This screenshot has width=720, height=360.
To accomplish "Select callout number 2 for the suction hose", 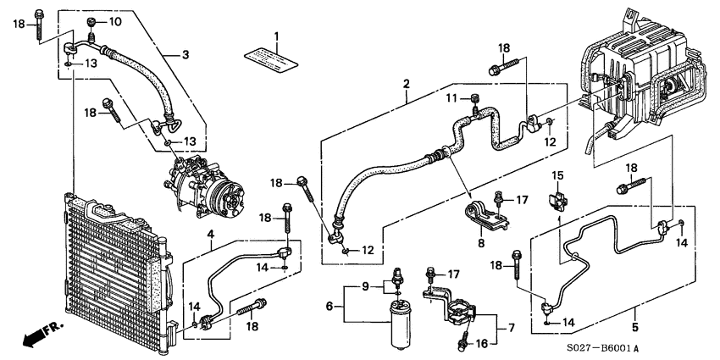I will pos(407,84).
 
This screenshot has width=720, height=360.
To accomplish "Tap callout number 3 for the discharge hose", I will pos(185,55).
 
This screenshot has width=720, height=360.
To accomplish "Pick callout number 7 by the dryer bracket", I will pos(510,325).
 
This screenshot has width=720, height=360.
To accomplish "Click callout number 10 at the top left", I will pos(115,21).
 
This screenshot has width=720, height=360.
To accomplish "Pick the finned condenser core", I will pos(110,271).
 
